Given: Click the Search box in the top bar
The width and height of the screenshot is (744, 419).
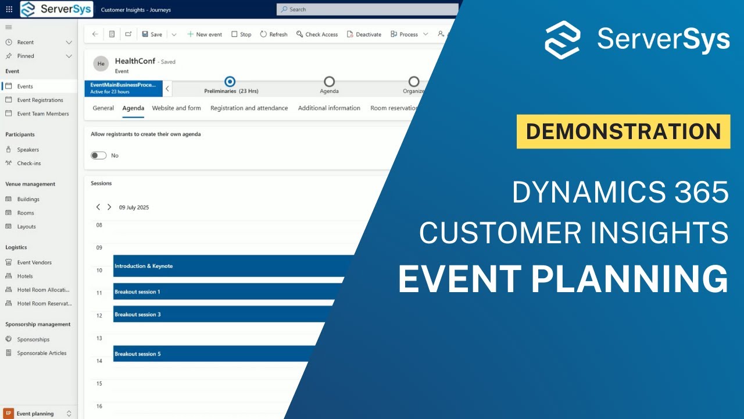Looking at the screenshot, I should pos(366,9).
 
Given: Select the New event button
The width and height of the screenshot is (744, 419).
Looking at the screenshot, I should pos(205,34).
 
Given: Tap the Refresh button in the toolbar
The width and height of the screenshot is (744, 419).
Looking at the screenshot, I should pos(274,34).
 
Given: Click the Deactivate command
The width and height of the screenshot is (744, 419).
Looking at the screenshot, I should pos(364,34).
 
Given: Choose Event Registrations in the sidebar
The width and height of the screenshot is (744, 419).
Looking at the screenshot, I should pos(40,100).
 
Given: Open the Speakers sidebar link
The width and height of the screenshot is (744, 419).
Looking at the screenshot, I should pos(28,150).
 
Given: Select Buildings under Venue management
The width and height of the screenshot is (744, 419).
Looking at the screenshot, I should pos(28,199).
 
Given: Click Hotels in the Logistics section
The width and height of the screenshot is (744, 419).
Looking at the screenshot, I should pos(25,276).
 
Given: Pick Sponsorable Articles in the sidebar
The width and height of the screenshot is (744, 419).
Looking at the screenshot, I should pos(41,353).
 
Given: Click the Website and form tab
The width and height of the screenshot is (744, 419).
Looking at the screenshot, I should pos(176,108).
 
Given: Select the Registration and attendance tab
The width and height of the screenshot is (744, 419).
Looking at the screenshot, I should pos(249,108).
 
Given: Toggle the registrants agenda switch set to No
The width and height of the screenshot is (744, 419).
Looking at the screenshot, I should pos(99,155).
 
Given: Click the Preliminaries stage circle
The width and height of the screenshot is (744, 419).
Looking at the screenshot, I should pos(230,82).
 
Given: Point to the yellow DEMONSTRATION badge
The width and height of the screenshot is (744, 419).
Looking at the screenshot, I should pos(623,132).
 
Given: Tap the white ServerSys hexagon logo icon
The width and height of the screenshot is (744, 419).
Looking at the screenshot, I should pos(562,40).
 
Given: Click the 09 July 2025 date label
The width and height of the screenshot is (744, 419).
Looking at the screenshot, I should pos(134,207).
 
